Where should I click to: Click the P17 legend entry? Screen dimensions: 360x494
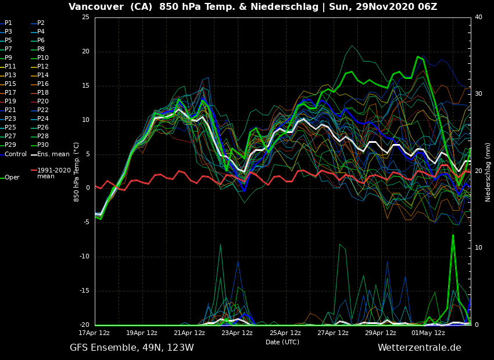coord(10,93)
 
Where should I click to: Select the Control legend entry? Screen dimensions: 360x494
coord(15,154)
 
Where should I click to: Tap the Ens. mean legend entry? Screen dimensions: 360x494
coord(53,154)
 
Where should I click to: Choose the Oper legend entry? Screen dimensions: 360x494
coord(12,178)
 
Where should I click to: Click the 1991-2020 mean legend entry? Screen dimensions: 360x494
coord(53,173)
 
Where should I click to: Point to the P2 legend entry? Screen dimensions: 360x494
coord(41,23)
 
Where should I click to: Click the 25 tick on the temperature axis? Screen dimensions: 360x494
coord(85,17)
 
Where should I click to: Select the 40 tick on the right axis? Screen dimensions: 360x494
coord(478,17)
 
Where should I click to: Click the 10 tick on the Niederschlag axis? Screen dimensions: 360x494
coord(478,248)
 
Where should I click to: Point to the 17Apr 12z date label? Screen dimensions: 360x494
coord(94,333)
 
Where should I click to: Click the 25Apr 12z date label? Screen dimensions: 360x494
coord(285,333)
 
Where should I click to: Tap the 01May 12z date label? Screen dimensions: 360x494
coord(428,333)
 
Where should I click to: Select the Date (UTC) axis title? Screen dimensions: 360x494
coord(282,343)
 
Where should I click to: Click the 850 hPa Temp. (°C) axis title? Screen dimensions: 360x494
coord(77,171)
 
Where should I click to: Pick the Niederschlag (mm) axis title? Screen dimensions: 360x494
coord(488,172)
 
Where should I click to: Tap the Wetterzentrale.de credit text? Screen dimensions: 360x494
coord(419,348)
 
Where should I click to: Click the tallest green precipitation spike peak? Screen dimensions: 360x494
coord(453,235)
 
